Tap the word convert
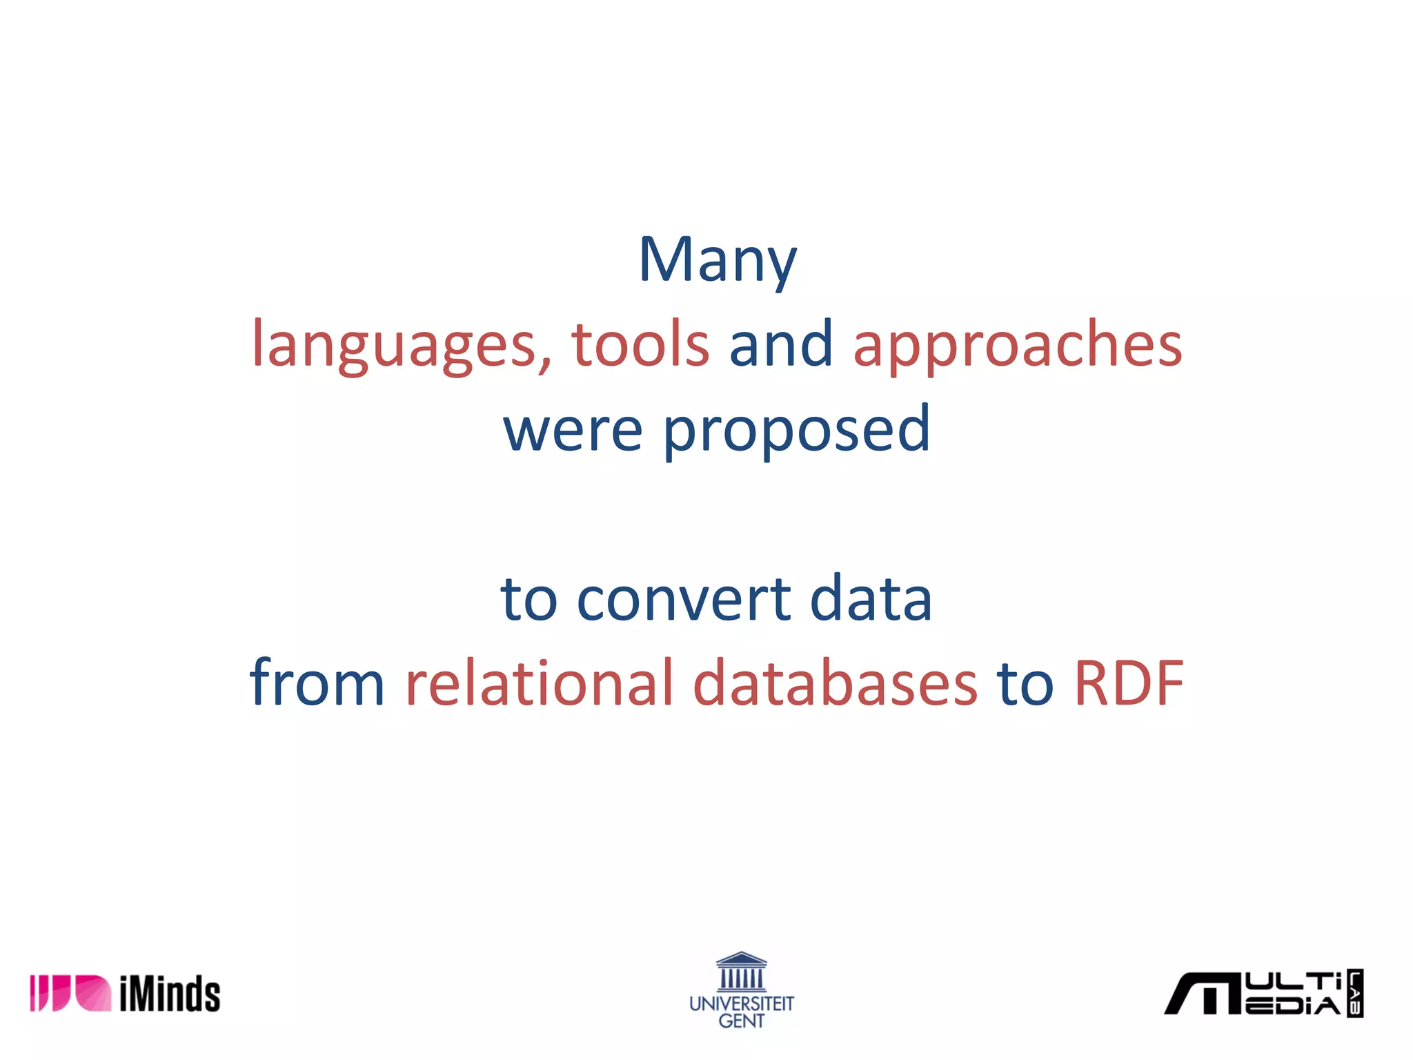(x=683, y=599)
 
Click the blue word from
(x=317, y=683)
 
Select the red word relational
(x=539, y=683)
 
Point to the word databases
(x=835, y=683)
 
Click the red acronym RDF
(x=1129, y=683)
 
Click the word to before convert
(x=529, y=599)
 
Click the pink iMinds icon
(x=70, y=993)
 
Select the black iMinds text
(x=170, y=994)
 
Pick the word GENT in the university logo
(x=742, y=1021)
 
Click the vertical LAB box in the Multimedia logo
(x=1355, y=993)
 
